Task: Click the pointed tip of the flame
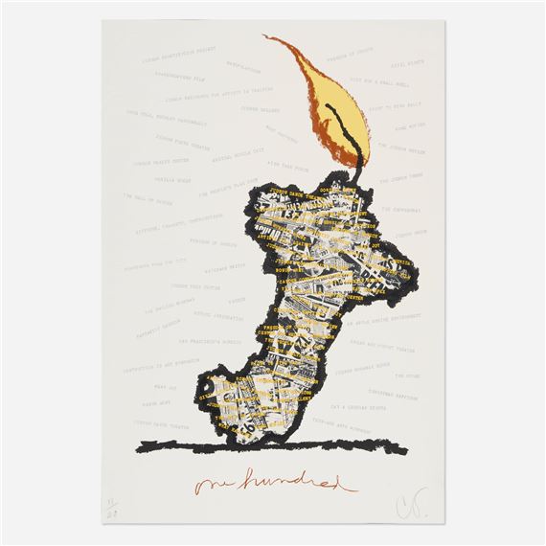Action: point(264,37)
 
